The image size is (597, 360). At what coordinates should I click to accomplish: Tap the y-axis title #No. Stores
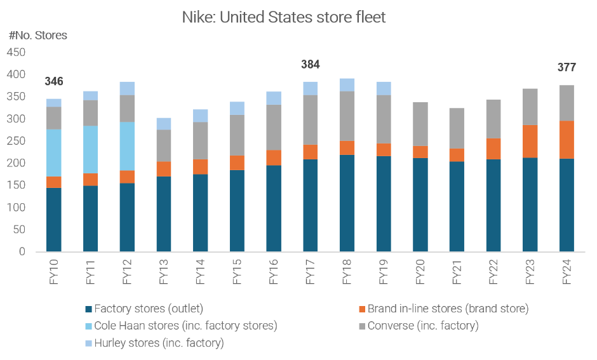38,36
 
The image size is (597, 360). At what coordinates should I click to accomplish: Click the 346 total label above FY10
54,82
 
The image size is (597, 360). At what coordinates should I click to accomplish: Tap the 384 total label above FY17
310,65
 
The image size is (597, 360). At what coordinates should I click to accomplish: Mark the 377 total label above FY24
567,67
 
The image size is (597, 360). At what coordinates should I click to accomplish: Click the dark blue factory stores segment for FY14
200,213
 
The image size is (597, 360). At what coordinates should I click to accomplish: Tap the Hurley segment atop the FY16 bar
274,98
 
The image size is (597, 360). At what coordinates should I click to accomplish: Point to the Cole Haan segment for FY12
127,146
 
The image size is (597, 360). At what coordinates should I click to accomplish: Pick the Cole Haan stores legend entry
185,326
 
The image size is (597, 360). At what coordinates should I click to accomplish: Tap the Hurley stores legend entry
158,343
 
